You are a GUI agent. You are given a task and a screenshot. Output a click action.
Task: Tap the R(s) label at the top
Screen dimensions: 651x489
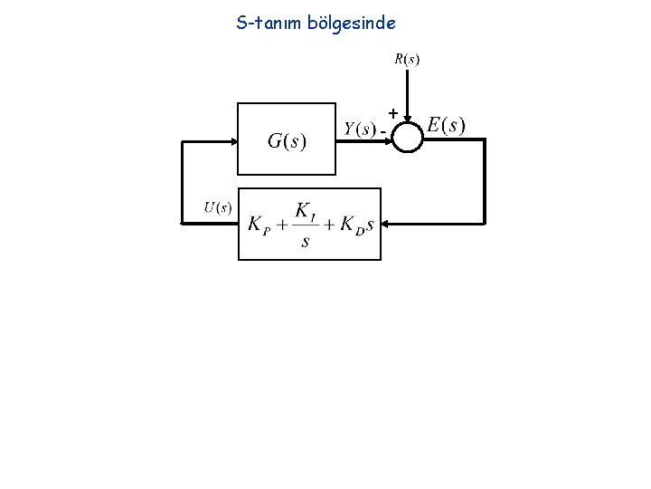pos(406,61)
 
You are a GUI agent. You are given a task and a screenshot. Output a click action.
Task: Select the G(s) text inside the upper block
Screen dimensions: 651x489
pos(287,140)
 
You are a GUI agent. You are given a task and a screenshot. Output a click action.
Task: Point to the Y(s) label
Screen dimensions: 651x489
pos(360,129)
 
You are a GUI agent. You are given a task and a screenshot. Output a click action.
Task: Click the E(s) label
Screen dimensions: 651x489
pos(446,125)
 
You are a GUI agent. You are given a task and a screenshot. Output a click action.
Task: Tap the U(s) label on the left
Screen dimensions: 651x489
pos(217,207)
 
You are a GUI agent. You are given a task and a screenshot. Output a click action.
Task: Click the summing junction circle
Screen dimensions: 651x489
pos(409,139)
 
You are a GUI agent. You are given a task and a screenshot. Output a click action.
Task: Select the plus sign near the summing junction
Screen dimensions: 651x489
pos(392,112)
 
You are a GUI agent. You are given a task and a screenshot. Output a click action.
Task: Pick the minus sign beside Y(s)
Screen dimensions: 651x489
pos(383,132)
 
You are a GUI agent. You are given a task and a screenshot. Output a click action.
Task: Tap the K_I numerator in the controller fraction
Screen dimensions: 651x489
pos(305,211)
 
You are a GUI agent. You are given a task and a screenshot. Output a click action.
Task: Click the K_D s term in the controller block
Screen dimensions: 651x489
pos(356,225)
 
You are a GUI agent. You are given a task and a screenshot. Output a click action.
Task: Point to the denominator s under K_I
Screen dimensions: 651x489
pos(305,242)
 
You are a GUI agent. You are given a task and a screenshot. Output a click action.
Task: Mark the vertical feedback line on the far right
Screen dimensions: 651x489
pos(486,180)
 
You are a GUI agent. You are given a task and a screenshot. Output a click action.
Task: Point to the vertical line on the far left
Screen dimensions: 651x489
pos(182,181)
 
